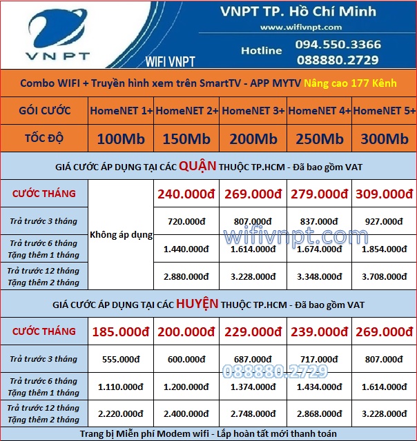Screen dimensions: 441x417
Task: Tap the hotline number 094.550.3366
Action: click(338, 45)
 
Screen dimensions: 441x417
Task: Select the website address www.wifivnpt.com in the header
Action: click(301, 27)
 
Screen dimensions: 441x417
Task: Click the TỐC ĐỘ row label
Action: click(45, 138)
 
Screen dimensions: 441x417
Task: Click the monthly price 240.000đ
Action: click(186, 194)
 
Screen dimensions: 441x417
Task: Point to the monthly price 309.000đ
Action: click(385, 194)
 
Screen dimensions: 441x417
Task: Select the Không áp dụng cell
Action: click(122, 235)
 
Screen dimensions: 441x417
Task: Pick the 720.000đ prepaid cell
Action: click(186, 221)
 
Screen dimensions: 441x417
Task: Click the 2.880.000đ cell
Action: click(186, 276)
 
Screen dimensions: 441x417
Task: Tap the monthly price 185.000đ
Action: click(122, 331)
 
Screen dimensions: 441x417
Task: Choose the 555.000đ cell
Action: click(122, 359)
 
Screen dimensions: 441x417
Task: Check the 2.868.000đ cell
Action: click(319, 414)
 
